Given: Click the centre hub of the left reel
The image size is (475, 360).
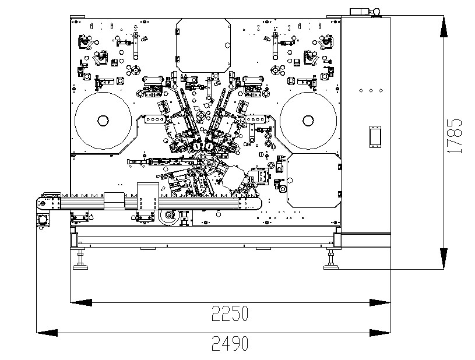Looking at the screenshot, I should [x=103, y=121].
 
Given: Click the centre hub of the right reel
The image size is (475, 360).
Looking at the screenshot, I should [x=308, y=121].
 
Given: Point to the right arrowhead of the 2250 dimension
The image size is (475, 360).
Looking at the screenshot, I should [x=380, y=302].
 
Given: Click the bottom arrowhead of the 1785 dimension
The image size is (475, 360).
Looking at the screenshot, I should [x=444, y=259].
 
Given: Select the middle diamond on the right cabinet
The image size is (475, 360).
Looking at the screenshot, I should [x=371, y=91].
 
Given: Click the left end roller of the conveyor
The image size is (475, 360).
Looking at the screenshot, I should [x=41, y=203].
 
